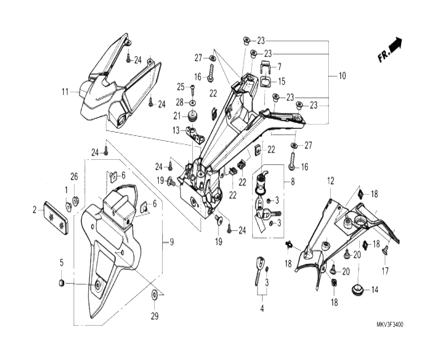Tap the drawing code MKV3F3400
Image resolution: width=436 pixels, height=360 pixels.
tap(390, 325)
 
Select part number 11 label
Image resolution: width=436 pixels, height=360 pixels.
tap(65, 92)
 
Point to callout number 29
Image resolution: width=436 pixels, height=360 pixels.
tap(154, 316)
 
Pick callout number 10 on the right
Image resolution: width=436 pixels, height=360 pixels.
tap(342, 76)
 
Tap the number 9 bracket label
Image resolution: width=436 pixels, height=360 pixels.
tap(172, 242)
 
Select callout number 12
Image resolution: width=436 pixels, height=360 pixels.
tap(330, 180)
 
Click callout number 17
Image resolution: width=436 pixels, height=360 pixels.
tap(385, 271)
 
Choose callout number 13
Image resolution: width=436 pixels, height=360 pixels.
tap(176, 131)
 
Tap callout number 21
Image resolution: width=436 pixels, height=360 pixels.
tap(177, 116)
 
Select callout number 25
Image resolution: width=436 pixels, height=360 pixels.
tap(181, 87)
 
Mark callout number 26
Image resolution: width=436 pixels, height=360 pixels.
tap(74, 177)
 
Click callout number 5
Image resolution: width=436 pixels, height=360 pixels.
tap(61, 262)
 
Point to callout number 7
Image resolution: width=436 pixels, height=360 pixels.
tap(280, 66)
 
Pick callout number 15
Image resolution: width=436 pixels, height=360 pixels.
tap(282, 81)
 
